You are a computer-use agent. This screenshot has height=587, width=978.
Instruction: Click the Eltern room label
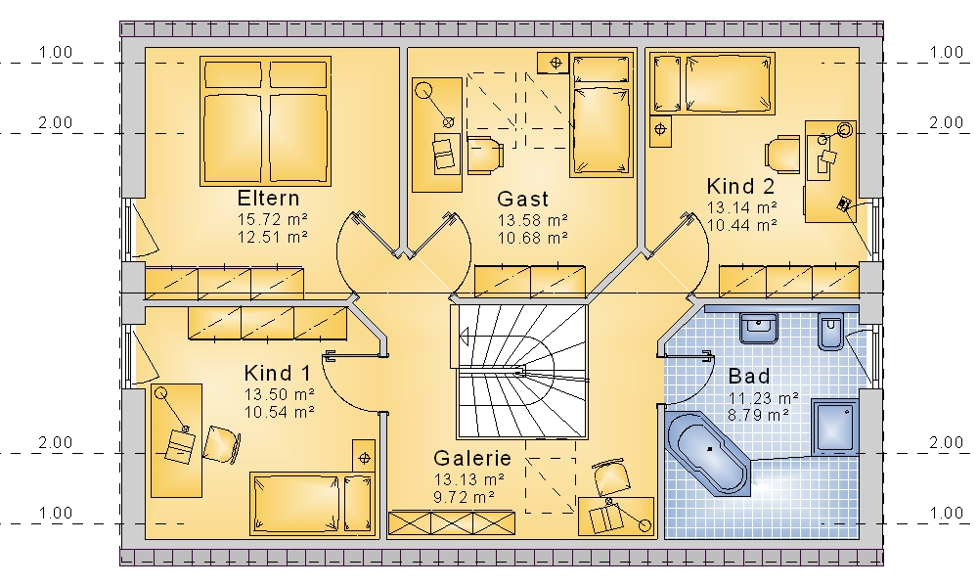268,199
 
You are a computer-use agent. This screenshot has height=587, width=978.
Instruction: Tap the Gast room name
522,199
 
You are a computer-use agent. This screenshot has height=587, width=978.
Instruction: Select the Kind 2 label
740,186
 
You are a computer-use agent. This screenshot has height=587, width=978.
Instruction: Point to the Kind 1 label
277,373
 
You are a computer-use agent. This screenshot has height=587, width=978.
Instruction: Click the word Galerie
472,458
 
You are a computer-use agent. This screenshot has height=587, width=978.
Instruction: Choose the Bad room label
749,376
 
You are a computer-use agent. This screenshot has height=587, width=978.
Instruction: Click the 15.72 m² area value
273,219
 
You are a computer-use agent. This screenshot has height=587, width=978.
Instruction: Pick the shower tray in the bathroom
835,428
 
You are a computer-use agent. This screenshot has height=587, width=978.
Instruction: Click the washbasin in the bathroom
759,328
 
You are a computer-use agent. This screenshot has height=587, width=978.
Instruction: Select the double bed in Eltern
265,121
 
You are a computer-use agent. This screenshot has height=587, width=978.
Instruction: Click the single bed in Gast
601,114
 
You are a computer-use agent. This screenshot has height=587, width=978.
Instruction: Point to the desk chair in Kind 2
782,154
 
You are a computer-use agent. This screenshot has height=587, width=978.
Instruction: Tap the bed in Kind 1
313,504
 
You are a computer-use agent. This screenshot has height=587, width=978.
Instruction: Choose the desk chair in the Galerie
610,477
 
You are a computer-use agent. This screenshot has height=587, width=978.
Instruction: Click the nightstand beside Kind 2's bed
660,130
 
